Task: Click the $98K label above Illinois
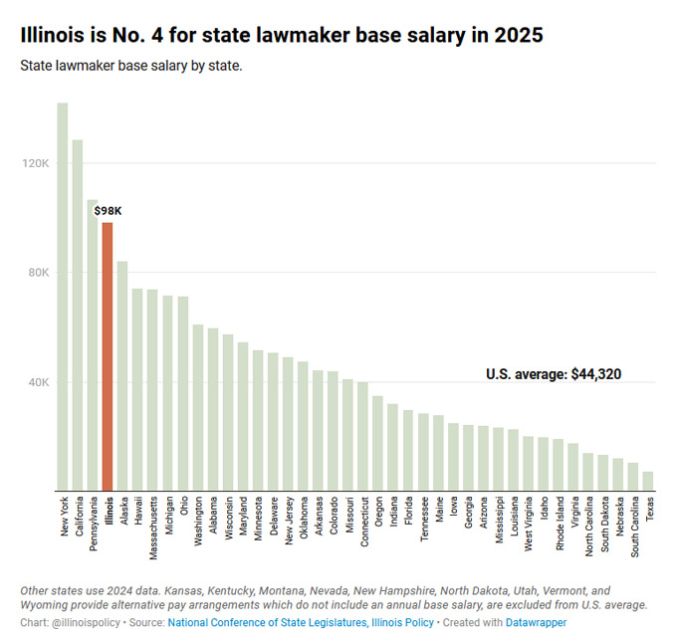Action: click(x=108, y=211)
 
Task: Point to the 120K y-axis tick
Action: click(x=36, y=163)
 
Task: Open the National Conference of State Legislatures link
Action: click(x=261, y=622)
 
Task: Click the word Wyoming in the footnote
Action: click(x=47, y=604)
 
